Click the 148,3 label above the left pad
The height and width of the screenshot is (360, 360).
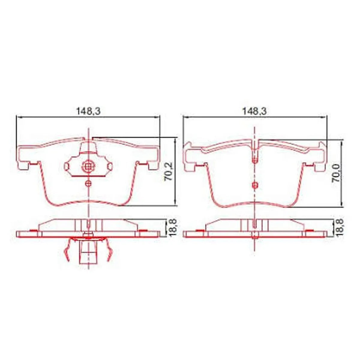(88, 111)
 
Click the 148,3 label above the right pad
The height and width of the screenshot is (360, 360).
(254, 111)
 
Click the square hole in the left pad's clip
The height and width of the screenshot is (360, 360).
(88, 167)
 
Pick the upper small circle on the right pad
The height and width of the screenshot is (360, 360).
(255, 160)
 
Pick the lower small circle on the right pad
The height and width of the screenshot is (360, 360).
(255, 185)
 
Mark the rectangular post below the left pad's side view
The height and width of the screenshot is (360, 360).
(88, 253)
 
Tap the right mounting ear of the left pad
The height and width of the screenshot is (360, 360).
(152, 156)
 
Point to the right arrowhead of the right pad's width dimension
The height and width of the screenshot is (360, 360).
(325, 117)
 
